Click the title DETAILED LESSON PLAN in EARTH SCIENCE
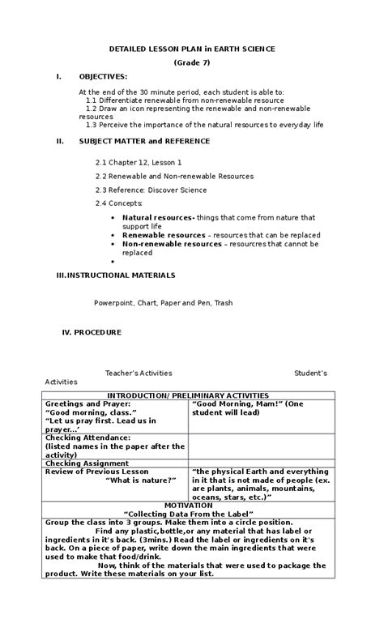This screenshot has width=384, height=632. [192, 49]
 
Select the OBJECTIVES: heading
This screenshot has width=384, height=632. [103, 76]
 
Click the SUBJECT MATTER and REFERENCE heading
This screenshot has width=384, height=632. [143, 141]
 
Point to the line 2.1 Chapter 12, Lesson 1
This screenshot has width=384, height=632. [139, 163]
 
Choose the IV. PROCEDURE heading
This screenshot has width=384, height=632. [92, 332]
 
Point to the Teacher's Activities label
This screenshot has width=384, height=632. [139, 374]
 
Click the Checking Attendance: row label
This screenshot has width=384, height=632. [87, 438]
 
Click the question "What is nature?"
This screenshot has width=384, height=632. [141, 480]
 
